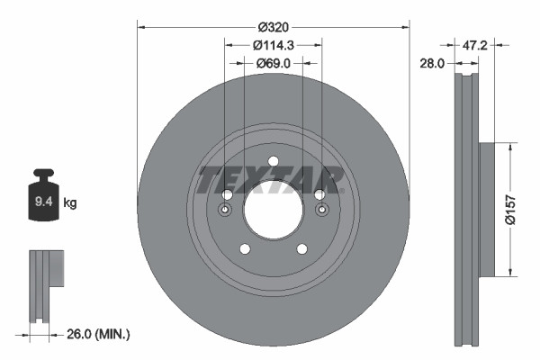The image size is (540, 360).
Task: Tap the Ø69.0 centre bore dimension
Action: [274, 63]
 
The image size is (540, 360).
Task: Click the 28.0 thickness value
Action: [433, 63]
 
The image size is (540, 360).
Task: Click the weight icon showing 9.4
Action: [44, 195]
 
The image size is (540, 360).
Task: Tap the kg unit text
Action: [70, 203]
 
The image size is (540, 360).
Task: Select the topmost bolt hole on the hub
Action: [274, 163]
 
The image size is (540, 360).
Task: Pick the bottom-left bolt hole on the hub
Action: [244, 250]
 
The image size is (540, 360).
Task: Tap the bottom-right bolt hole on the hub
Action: [303, 250]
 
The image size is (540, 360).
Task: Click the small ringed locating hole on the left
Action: [225, 211]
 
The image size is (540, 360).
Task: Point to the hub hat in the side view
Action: [487, 208]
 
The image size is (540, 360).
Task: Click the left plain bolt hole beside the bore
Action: [228, 195]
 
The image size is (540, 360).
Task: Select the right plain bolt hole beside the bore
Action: [319, 194]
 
